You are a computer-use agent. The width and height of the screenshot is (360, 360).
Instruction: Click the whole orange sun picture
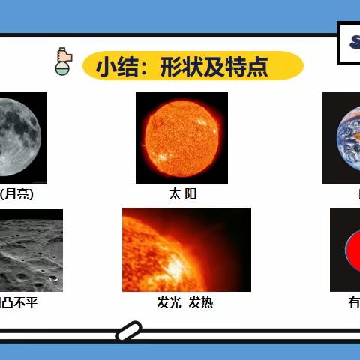pyautogui.click(x=181, y=138)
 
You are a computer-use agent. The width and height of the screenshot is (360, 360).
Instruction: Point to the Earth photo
pyautogui.click(x=342, y=138)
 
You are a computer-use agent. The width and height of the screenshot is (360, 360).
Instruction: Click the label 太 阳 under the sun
pyautogui.click(x=182, y=194)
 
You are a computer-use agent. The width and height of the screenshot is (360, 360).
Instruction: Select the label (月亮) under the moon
pyautogui.click(x=17, y=194)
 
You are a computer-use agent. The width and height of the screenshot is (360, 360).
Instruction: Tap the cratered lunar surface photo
pyautogui.click(x=30, y=250)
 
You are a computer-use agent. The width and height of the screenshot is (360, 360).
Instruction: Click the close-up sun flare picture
pyautogui.click(x=186, y=250)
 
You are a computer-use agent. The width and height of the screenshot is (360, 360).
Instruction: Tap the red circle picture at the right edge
pyautogui.click(x=346, y=250)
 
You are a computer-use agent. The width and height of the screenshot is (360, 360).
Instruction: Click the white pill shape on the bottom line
pyautogui.click(x=128, y=330)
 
